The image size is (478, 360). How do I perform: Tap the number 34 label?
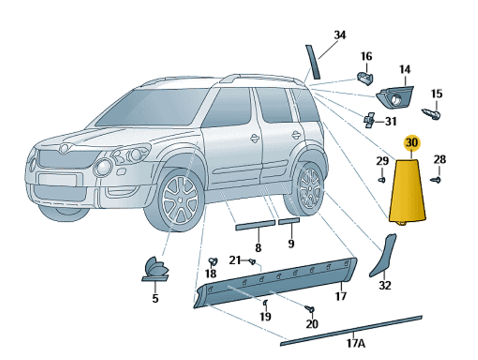click(339, 35)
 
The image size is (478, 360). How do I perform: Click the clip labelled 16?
click(364, 77)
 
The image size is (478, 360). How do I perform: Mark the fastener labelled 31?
click(370, 119)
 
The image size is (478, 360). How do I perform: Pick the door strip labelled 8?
click(255, 225)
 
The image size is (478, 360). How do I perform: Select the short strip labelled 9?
click(289, 222)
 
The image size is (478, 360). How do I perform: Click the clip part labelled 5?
click(155, 269)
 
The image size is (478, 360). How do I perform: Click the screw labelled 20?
click(309, 308)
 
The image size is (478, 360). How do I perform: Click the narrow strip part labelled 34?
click(313, 61)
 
